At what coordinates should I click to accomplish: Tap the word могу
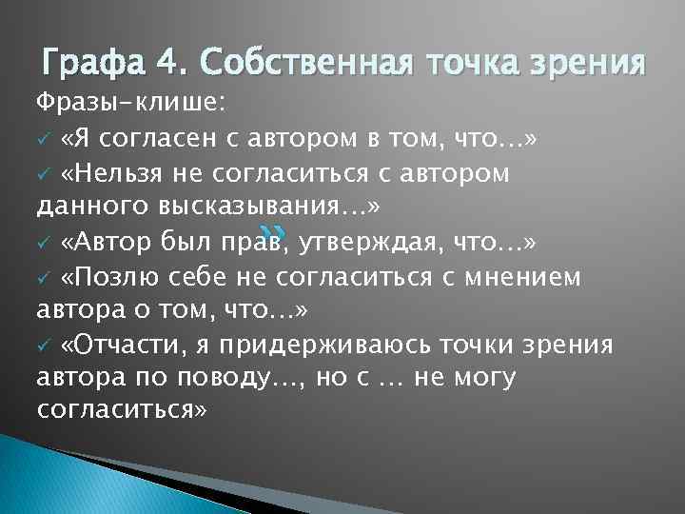point(479,378)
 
